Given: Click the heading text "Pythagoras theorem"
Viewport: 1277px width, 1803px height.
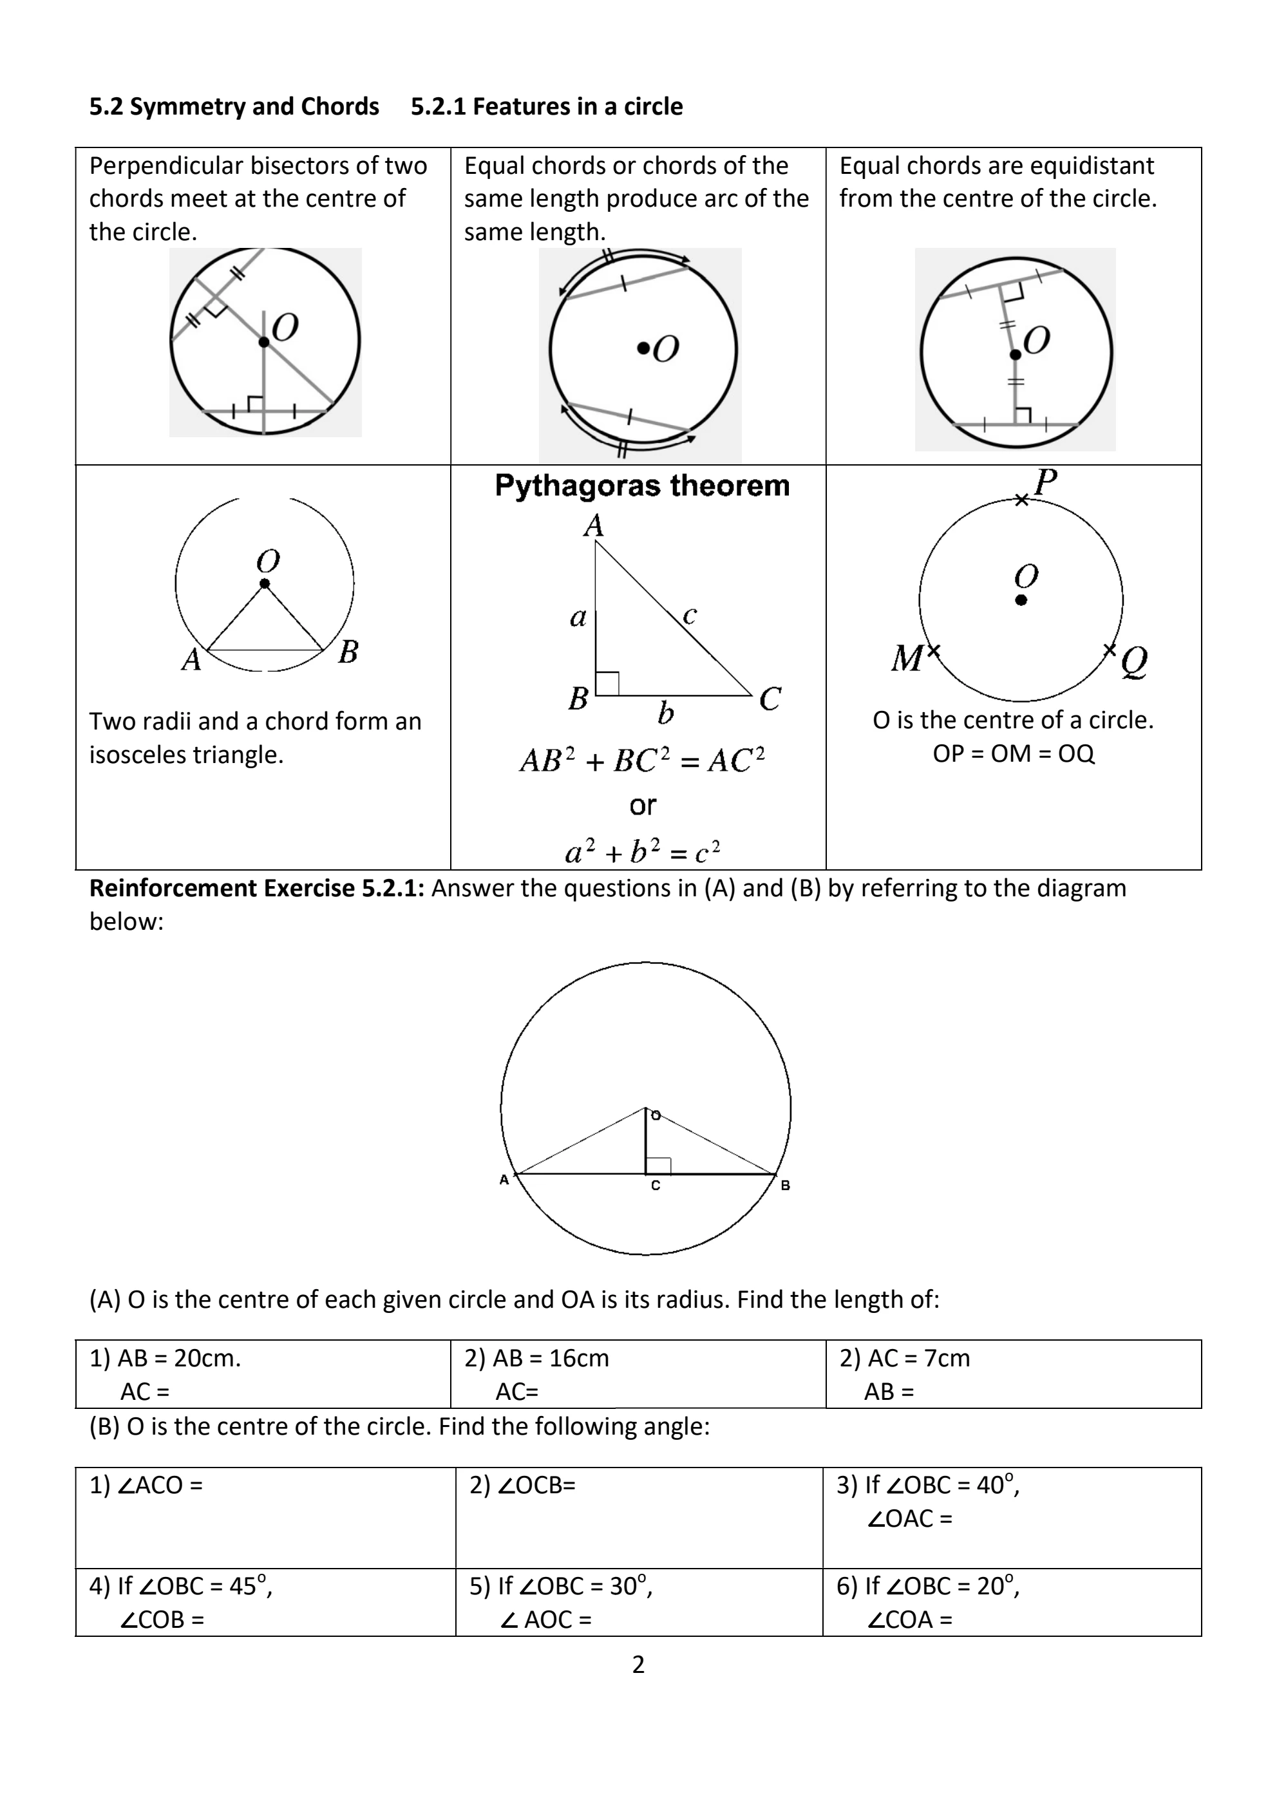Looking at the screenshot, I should point(641,486).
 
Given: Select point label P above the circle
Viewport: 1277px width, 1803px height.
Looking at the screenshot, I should point(1045,481).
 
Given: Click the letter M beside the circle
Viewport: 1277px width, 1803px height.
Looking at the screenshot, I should point(907,658).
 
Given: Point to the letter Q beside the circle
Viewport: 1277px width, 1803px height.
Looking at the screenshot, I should point(1134,661).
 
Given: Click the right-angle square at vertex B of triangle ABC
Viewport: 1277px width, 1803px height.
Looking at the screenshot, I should point(608,683).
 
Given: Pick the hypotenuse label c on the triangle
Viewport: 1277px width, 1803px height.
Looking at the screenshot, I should point(690,615).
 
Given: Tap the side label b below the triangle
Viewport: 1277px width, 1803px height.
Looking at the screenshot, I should point(665,714).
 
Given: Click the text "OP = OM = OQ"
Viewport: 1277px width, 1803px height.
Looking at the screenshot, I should point(1013,753).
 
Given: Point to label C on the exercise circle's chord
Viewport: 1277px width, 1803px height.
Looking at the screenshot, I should point(656,1185).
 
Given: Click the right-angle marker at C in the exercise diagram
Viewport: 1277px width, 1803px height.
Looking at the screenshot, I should point(658,1166).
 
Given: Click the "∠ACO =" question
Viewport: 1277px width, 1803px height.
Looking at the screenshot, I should point(158,1484).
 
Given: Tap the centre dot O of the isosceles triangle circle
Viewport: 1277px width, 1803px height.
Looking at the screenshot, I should point(264,583).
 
